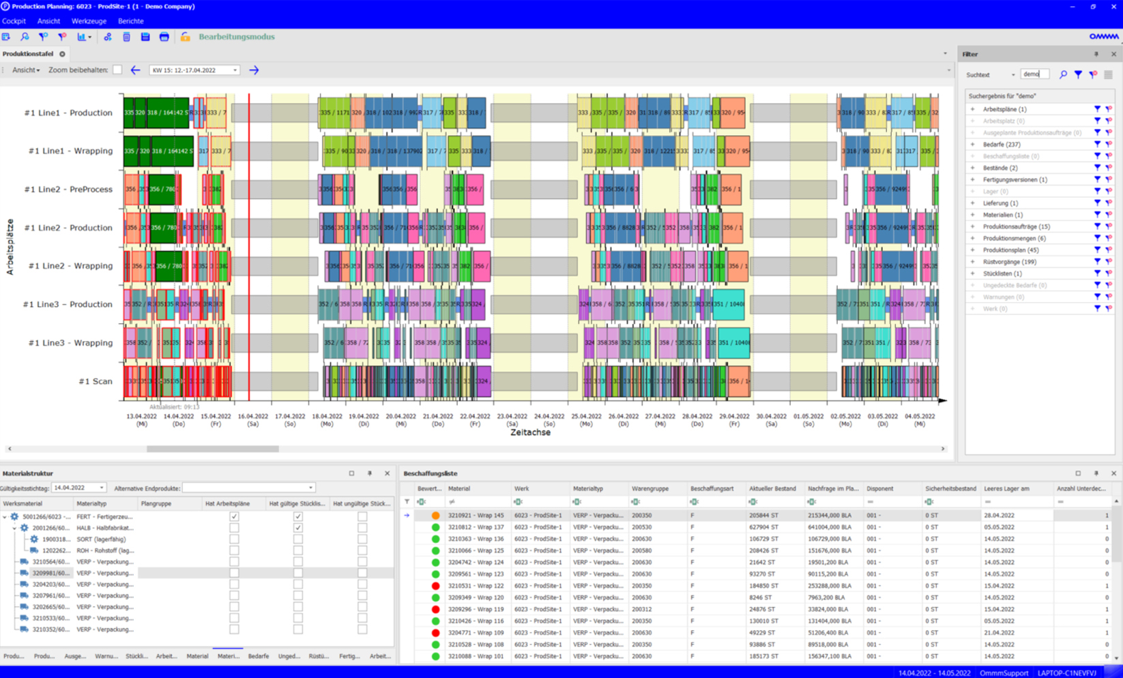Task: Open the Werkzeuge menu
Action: pyautogui.click(x=89, y=21)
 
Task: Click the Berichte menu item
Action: pyautogui.click(x=130, y=21)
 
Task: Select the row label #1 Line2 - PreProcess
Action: pyautogui.click(x=68, y=190)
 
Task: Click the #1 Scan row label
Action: pyautogui.click(x=95, y=381)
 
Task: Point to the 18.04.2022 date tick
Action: pyautogui.click(x=327, y=416)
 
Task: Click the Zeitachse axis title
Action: pyautogui.click(x=530, y=432)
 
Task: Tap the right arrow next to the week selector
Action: pyautogui.click(x=254, y=70)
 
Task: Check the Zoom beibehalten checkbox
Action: pyautogui.click(x=117, y=70)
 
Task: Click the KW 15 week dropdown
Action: pyautogui.click(x=194, y=70)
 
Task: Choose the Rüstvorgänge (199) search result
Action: pyautogui.click(x=1009, y=262)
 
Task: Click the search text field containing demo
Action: pyautogui.click(x=1033, y=74)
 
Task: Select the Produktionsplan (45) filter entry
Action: pyautogui.click(x=1010, y=250)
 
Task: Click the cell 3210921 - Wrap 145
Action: pyautogui.click(x=476, y=516)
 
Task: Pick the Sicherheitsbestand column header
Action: pyautogui.click(x=950, y=489)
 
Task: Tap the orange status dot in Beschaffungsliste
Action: pyautogui.click(x=436, y=516)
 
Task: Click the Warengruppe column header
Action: pyautogui.click(x=650, y=489)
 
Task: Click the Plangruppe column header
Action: pyautogui.click(x=156, y=503)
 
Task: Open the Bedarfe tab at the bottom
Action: pyautogui.click(x=258, y=656)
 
